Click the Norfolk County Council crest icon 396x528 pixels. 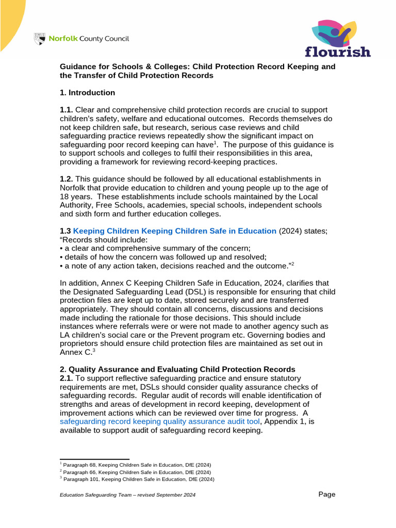39,39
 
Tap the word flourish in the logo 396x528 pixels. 338,52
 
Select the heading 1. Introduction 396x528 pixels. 88,93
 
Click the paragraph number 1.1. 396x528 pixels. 67,110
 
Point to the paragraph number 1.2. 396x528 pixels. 67,179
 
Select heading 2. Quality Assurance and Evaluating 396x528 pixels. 177,369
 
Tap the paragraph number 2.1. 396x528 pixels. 67,378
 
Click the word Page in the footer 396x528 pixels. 327,494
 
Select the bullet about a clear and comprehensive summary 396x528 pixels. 155,248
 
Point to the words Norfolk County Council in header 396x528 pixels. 89,39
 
